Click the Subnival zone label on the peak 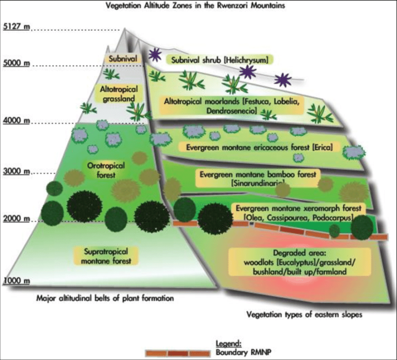pyautogui.click(x=123, y=58)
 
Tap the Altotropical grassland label pyautogui.click(x=119, y=93)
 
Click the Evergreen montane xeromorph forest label pyautogui.click(x=297, y=212)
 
